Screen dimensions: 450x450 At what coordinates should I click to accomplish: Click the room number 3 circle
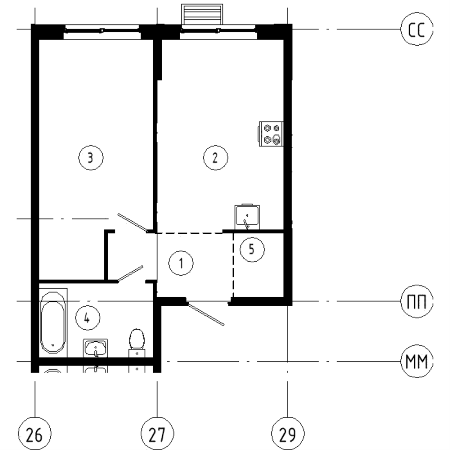click(91, 158)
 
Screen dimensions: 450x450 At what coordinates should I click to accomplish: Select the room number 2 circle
click(215, 158)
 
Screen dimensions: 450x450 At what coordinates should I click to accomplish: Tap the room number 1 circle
click(181, 262)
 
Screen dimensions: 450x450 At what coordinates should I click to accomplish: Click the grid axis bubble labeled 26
click(34, 435)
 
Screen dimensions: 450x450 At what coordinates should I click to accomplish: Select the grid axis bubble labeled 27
click(157, 435)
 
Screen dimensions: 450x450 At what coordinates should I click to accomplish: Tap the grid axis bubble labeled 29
click(287, 435)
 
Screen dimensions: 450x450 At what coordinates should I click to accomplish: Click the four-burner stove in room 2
click(270, 134)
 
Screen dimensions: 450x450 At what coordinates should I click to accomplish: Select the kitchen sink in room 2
click(247, 215)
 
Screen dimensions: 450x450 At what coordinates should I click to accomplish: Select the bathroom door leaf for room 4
click(130, 273)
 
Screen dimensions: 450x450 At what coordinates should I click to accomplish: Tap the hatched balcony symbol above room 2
click(202, 14)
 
